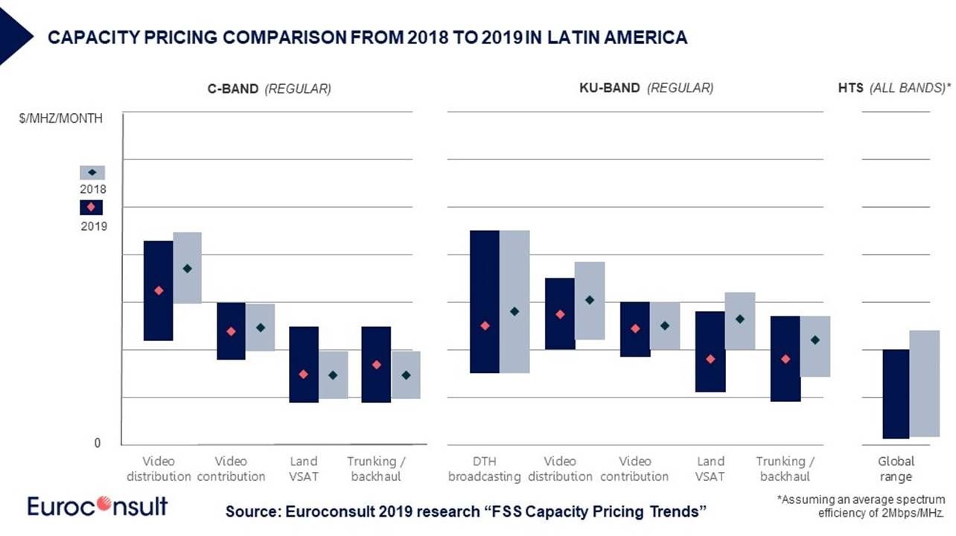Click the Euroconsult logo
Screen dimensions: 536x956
pos(98,506)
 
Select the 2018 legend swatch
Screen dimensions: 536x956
pos(92,172)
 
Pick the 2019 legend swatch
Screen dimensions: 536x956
pos(92,206)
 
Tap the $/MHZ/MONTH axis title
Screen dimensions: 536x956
pos(61,118)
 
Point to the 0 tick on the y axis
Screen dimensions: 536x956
pos(97,443)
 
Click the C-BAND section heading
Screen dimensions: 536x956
pos(233,89)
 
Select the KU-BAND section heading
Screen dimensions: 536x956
pos(609,88)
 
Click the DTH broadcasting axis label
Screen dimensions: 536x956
pos(484,468)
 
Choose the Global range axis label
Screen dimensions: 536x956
pos(896,468)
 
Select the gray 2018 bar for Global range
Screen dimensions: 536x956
pos(924,383)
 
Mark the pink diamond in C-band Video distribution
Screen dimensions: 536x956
pos(158,290)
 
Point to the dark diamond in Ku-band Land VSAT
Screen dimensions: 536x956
pos(739,319)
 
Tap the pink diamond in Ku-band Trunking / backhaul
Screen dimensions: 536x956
pos(785,359)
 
